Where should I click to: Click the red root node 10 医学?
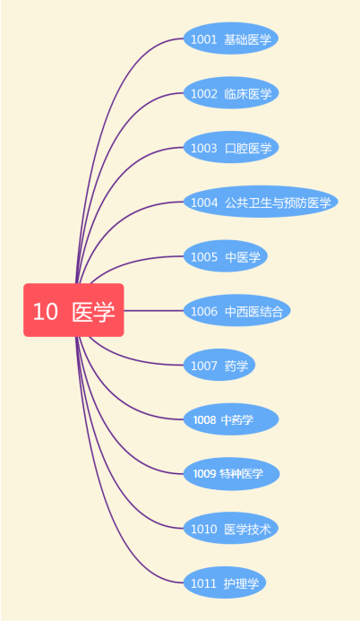[x=73, y=310]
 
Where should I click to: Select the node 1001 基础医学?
[x=231, y=39]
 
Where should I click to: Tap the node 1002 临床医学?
[x=231, y=92]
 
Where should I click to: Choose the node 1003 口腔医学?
[x=231, y=147]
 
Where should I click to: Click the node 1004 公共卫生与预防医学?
[x=261, y=202]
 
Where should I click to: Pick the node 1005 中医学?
[x=226, y=256]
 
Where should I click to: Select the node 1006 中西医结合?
[x=237, y=310]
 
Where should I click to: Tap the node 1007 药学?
[x=219, y=365]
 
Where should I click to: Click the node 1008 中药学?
[x=231, y=419]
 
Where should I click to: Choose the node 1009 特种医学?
[x=231, y=474]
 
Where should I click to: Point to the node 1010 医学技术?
[x=231, y=528]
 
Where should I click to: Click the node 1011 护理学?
[x=224, y=582]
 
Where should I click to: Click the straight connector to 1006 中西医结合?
[x=154, y=310]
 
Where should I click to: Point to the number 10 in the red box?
[x=46, y=311]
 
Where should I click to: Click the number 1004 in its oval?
[x=204, y=203]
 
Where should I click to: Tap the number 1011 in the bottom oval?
[x=204, y=583]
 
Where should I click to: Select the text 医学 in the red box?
[x=94, y=311]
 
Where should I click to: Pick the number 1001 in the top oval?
[x=204, y=39]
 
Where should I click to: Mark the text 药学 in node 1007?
[x=236, y=366]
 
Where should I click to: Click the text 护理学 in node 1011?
[x=241, y=583]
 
